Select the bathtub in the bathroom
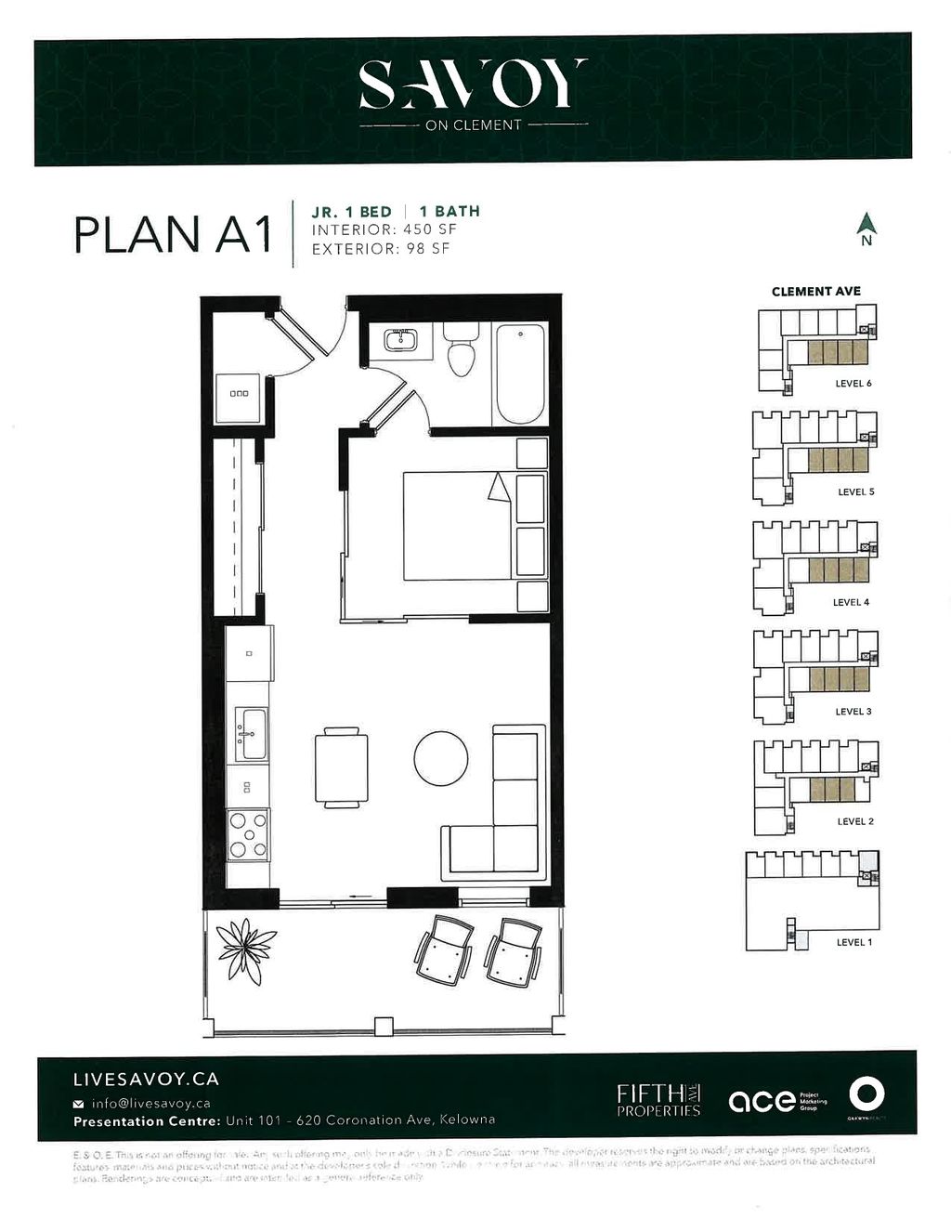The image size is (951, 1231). click(x=520, y=373)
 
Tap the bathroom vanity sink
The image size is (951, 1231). click(x=402, y=341)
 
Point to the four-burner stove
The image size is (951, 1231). click(x=249, y=834)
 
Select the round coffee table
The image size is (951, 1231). click(x=440, y=759)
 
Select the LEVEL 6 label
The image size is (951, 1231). click(x=853, y=384)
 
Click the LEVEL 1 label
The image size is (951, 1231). click(x=853, y=942)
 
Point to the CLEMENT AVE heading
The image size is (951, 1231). click(x=815, y=292)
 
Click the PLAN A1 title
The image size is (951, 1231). click(x=173, y=234)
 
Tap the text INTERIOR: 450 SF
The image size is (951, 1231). click(x=384, y=229)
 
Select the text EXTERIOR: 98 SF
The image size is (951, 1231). click(x=381, y=249)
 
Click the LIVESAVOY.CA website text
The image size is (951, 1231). click(x=146, y=1080)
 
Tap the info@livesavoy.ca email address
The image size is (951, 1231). click(x=150, y=1104)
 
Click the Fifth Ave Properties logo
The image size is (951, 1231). click(x=658, y=1100)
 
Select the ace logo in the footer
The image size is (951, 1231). click(x=762, y=1101)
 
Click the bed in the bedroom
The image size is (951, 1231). click(x=457, y=526)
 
